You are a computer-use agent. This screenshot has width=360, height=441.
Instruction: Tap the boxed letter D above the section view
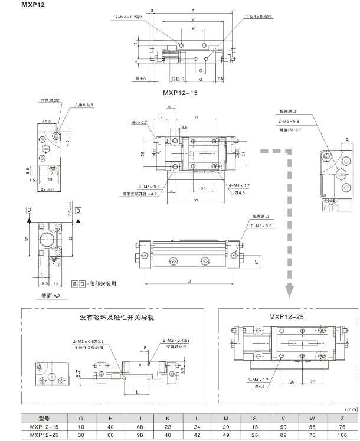click(78, 209)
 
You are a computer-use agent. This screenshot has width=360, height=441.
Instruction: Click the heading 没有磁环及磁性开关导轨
click(116, 318)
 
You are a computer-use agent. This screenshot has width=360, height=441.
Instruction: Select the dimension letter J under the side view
click(189, 282)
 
